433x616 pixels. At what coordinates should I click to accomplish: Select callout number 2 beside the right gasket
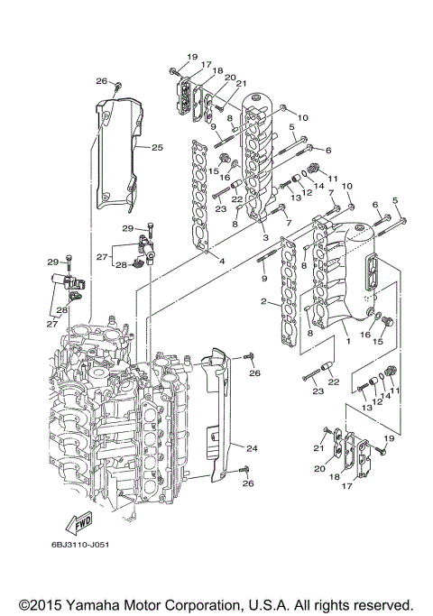pyautogui.click(x=264, y=301)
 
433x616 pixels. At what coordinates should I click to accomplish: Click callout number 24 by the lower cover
pyautogui.click(x=252, y=446)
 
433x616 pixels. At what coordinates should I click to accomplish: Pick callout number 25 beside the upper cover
pyautogui.click(x=157, y=147)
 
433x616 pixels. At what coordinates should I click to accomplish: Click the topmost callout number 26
pyautogui.click(x=102, y=81)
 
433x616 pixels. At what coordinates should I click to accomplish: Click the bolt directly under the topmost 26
pyautogui.click(x=117, y=87)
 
